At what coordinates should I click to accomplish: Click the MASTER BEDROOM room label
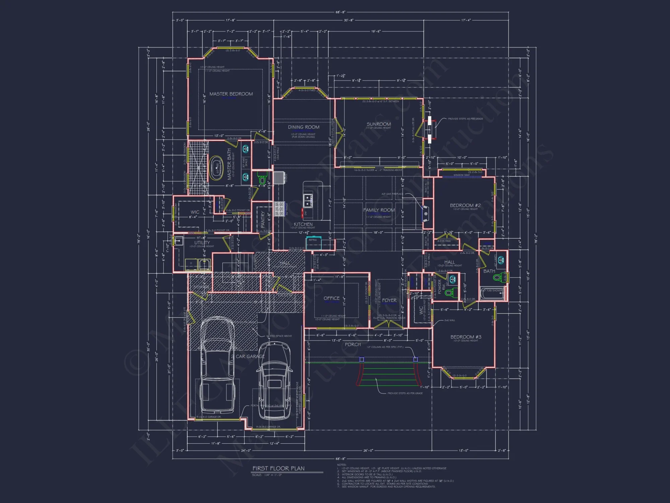231,94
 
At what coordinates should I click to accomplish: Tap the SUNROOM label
379,124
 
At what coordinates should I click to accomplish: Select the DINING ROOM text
304,127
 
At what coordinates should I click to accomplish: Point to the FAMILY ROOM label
379,210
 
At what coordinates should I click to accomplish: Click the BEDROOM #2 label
465,205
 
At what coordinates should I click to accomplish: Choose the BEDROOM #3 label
466,337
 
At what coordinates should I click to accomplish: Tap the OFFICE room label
331,298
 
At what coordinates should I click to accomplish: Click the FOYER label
389,300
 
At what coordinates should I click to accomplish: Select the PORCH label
353,344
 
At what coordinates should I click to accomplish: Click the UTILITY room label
202,242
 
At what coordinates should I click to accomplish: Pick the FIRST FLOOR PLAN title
278,468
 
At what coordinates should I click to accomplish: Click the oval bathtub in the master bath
216,168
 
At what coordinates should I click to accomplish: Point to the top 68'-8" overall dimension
340,12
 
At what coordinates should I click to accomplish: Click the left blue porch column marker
361,359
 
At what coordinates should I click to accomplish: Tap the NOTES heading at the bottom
341,465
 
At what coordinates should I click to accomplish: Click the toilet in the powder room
449,292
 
